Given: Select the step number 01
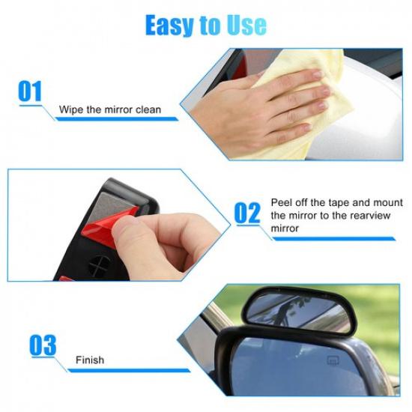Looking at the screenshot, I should (30, 93).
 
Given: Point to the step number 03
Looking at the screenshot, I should (43, 345).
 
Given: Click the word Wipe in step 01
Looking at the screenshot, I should (70, 110).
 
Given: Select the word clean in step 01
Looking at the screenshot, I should (147, 110).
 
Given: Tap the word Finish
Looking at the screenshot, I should (89, 361).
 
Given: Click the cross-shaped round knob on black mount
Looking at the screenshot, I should (98, 265).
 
